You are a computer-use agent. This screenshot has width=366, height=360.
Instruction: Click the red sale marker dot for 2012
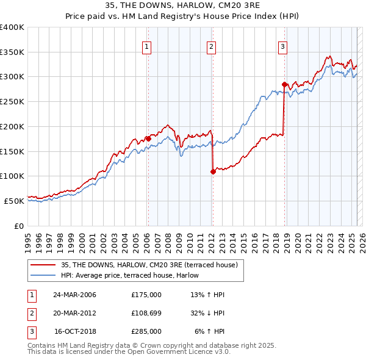[213, 171]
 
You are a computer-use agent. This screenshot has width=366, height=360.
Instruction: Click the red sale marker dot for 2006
[148, 139]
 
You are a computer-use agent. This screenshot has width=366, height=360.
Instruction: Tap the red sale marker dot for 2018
[284, 84]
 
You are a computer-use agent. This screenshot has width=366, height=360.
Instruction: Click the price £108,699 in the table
[146, 312]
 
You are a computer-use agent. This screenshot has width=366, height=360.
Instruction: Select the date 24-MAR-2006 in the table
[74, 294]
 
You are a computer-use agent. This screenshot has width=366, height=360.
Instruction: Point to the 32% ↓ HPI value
[208, 312]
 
